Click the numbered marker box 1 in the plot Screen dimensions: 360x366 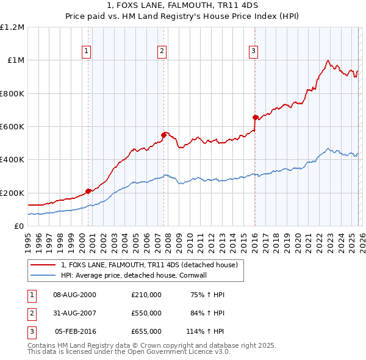87,51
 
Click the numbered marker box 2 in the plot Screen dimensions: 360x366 162,51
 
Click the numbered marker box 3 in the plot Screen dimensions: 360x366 253,51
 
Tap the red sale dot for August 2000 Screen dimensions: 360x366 88,191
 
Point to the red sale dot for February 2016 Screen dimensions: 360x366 255,117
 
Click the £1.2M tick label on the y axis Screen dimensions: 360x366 12,27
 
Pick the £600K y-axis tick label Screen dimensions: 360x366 12,127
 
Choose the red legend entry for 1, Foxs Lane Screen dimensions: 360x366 152,265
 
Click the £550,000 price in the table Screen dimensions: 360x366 146,313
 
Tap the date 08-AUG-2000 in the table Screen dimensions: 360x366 74,295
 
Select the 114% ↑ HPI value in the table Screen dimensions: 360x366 206,331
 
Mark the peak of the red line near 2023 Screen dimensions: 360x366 328,60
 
